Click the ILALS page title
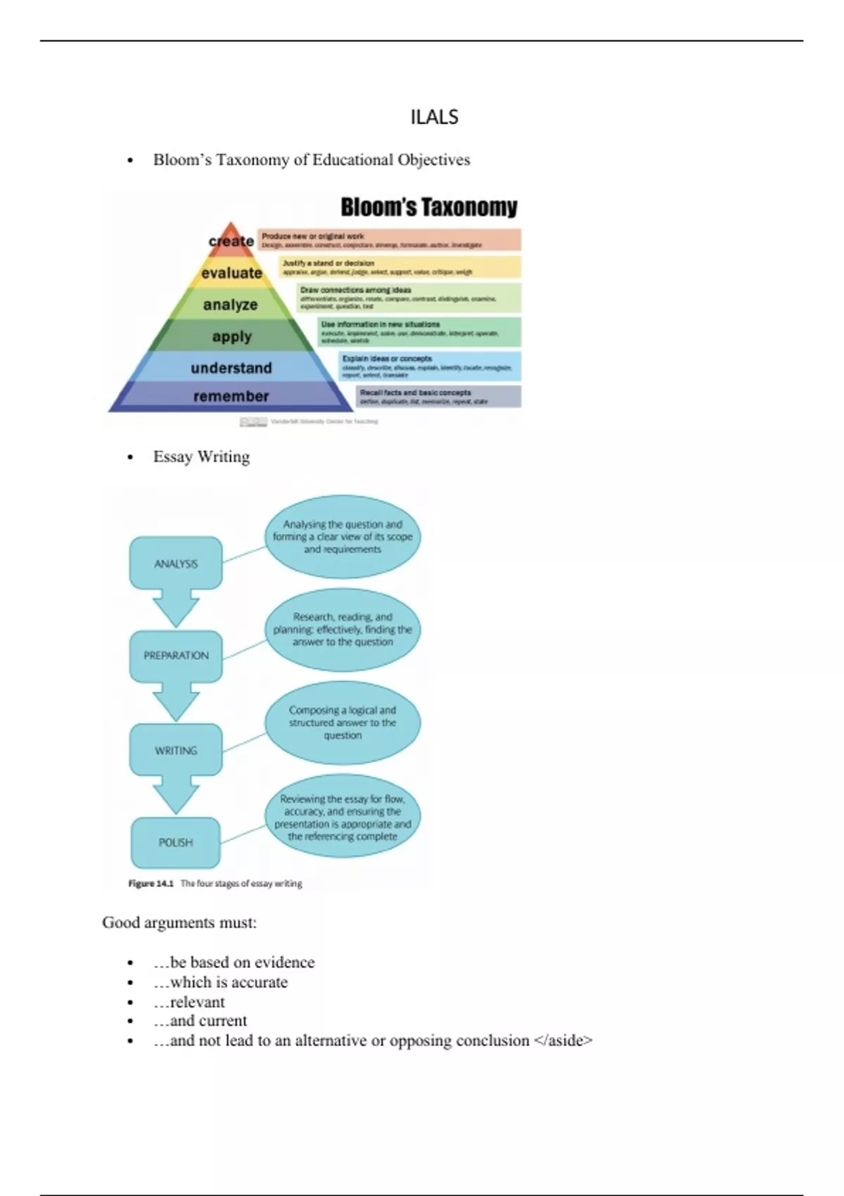[x=434, y=117]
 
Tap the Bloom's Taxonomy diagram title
[x=428, y=208]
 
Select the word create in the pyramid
[x=231, y=241]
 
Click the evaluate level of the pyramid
[x=231, y=273]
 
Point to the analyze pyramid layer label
[x=230, y=305]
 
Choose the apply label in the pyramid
[x=231, y=336]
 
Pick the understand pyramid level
[x=231, y=368]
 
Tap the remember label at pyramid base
[x=231, y=396]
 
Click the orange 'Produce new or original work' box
[x=390, y=240]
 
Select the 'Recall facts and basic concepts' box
[x=439, y=397]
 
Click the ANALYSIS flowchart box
[x=176, y=564]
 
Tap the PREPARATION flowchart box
[x=176, y=656]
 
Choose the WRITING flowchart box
[x=176, y=751]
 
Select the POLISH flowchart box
[x=176, y=842]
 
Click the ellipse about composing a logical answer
[x=343, y=723]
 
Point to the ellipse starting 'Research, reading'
[x=343, y=630]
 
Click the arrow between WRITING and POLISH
[x=176, y=794]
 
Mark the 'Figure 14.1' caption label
[x=151, y=884]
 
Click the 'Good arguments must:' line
[x=179, y=922]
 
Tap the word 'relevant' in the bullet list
[x=198, y=1002]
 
